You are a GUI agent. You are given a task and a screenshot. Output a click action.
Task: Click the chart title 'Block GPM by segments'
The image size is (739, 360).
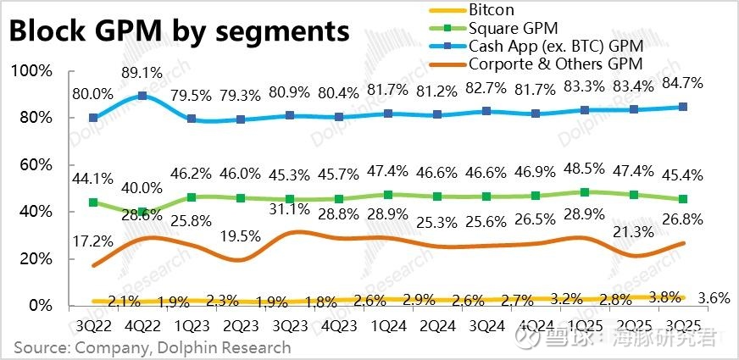(x=180, y=31)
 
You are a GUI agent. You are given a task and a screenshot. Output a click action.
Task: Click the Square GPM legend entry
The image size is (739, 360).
(x=508, y=28)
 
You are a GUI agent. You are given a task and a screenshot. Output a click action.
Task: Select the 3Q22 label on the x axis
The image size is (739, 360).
(x=92, y=325)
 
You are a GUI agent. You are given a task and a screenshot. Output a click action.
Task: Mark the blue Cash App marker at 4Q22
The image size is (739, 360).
(x=142, y=96)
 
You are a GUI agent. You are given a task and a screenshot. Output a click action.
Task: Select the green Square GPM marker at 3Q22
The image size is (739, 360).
(x=93, y=202)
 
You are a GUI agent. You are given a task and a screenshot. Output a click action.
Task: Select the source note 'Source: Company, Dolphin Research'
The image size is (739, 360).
(x=152, y=347)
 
